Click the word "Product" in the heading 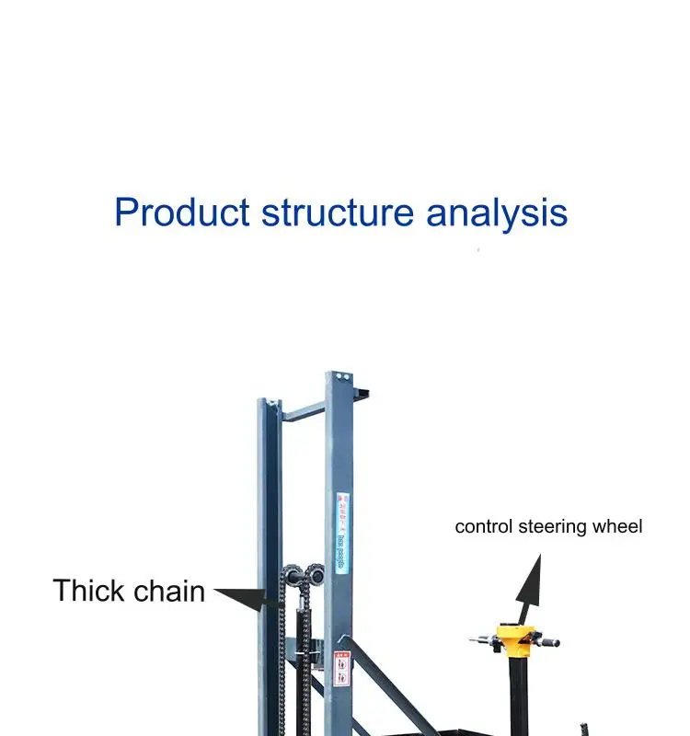coord(181,213)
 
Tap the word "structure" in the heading coord(338,213)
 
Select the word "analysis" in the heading coord(497,213)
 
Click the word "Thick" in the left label coord(86,591)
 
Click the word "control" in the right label coord(485,527)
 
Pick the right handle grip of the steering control coord(553,640)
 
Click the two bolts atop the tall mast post coord(340,377)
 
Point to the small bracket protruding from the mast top coord(361,395)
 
